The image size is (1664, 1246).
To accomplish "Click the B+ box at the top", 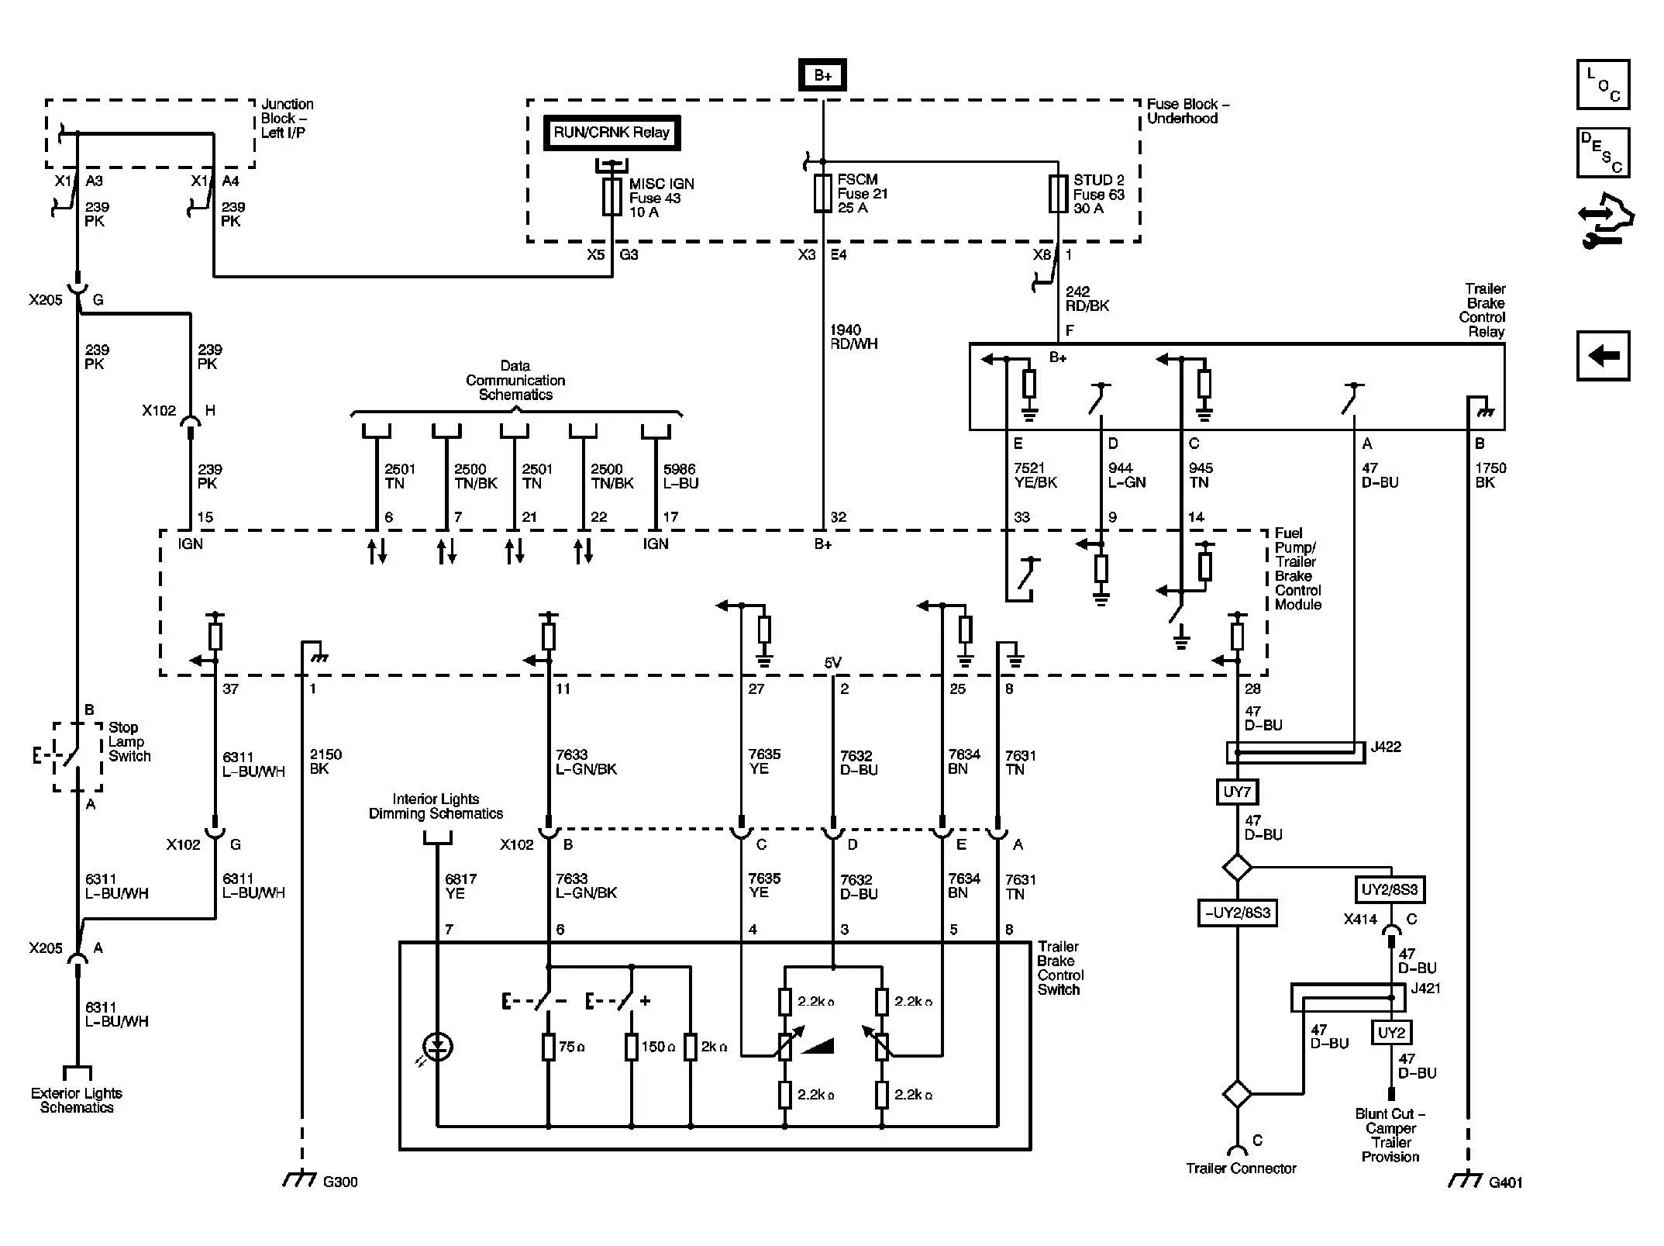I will pos(822,76).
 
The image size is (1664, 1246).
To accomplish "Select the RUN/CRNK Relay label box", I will pos(611,133).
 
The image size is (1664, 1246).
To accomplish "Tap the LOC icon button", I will pos(1603,85).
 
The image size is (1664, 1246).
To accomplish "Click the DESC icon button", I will pos(1603,153).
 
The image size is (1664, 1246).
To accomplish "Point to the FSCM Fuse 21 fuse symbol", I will pos(822,194).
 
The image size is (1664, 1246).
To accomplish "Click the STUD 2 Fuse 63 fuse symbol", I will pos(1058,194).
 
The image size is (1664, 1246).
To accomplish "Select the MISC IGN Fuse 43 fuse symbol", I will pos(612,197).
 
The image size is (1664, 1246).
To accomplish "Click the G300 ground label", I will pos(339,1182).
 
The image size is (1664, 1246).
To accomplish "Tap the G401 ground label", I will pos(1505,1182).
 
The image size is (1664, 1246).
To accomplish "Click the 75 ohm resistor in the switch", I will pos(549,1047).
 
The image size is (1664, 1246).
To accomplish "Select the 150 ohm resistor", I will pos(632,1047).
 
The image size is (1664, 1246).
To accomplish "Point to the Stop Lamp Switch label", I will pos(129,742).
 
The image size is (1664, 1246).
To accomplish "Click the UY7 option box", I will pos(1236,792).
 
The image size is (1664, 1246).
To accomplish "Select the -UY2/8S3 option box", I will pos(1237,913).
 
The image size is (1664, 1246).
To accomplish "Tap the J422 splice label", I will pos(1386,747).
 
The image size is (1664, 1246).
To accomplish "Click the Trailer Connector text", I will pos(1240,1168).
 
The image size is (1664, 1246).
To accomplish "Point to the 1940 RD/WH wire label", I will pos(853,337).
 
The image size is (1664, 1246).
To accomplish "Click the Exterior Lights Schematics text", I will pos(77,1100).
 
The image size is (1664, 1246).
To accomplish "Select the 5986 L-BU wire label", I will pos(680,476).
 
